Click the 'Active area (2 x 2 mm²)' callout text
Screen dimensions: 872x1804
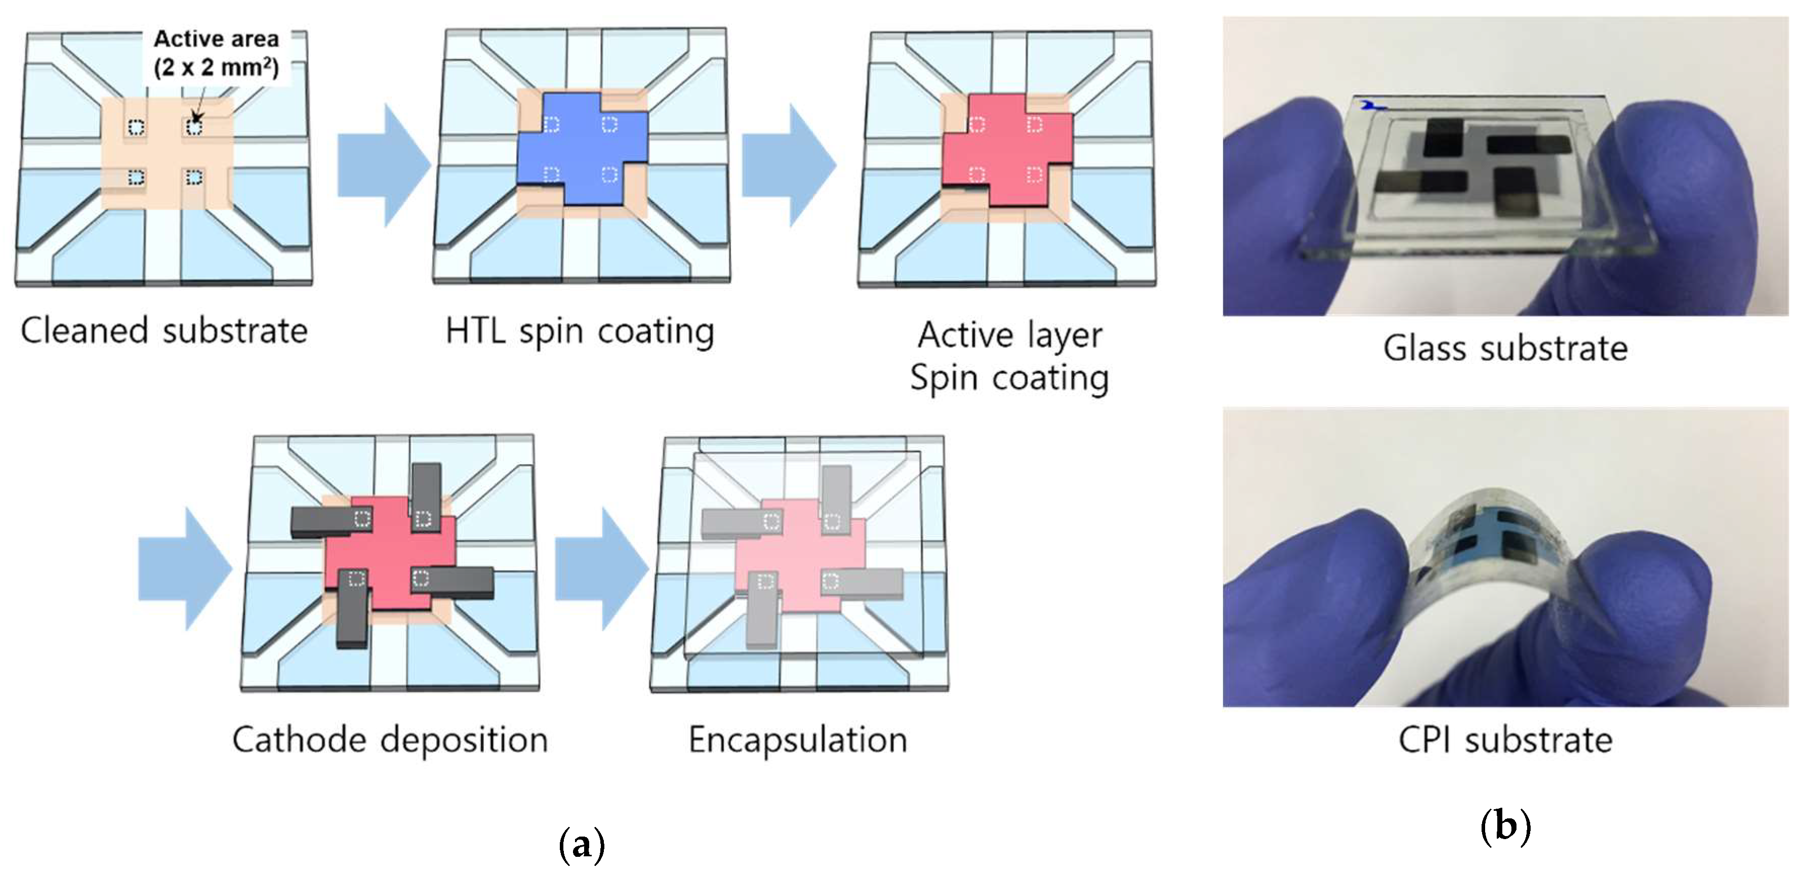coord(216,53)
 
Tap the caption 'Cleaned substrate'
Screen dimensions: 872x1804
coord(165,330)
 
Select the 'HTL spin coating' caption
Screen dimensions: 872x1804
coord(580,330)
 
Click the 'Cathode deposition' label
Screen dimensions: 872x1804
coord(390,739)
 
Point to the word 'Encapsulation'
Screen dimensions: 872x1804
coord(798,739)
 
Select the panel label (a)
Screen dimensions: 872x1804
coord(581,845)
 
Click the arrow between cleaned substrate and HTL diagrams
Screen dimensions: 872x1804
coord(382,164)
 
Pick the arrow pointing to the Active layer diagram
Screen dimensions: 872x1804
coord(788,164)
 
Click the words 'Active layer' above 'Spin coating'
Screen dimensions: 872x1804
coord(1009,335)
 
